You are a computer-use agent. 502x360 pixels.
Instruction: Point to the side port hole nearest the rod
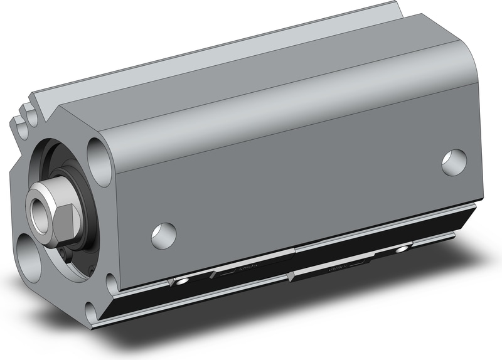[x=164, y=235]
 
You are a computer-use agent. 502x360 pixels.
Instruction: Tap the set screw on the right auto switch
[x=399, y=251]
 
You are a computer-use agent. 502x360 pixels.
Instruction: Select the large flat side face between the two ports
[x=301, y=188]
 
